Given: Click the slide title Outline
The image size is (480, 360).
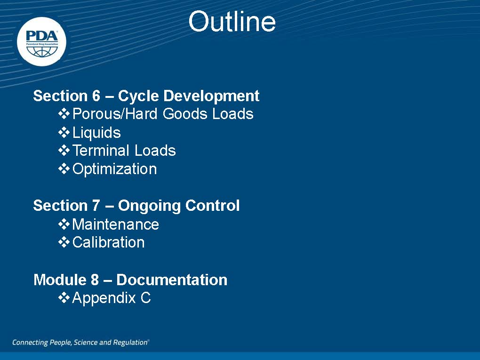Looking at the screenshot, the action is click(x=232, y=22).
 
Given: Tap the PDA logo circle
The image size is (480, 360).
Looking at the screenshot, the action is click(x=41, y=41).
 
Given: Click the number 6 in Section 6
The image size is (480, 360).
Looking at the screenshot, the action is click(x=96, y=96).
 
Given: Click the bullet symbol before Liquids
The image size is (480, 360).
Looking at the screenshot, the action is click(x=64, y=133).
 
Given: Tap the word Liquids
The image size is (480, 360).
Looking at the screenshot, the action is click(x=96, y=133).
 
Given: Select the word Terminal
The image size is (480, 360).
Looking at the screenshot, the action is click(x=101, y=150).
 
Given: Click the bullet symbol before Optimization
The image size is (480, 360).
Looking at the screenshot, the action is click(x=64, y=169).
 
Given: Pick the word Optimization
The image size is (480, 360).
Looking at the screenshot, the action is click(x=114, y=169).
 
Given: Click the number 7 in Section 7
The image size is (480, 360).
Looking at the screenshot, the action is click(x=96, y=205).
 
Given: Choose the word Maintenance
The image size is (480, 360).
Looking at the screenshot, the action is click(x=116, y=224).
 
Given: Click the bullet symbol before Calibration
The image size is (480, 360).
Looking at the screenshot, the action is click(x=64, y=242).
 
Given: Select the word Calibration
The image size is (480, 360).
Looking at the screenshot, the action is click(x=108, y=242).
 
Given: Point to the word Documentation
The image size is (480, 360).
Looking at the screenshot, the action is click(x=172, y=280).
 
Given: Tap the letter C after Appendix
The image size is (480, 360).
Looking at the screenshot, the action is click(x=146, y=298).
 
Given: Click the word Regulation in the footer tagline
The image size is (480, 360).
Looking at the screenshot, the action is click(x=131, y=343).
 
